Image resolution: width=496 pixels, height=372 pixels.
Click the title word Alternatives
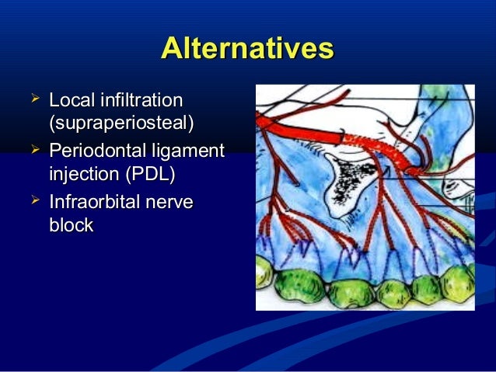click(247, 48)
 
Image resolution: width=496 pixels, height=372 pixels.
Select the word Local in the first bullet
click(68, 101)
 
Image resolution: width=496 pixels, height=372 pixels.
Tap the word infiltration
click(138, 101)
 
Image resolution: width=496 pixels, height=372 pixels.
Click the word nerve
click(172, 203)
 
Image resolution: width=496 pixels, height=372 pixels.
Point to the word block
click(71, 225)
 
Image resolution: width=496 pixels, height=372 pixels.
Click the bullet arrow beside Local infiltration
click(33, 99)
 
